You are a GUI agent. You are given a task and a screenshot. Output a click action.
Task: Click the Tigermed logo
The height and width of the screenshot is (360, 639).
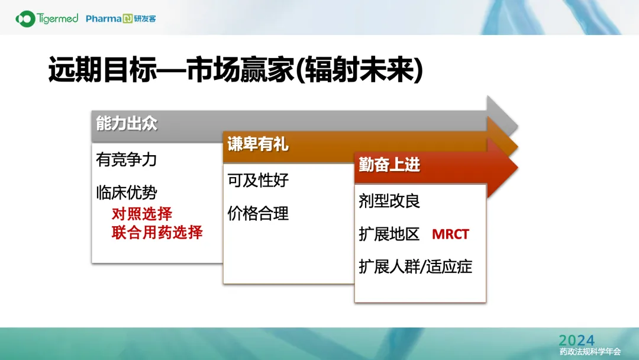coord(47,19)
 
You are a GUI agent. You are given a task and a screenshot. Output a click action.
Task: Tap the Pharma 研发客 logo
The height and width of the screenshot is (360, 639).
coord(121,19)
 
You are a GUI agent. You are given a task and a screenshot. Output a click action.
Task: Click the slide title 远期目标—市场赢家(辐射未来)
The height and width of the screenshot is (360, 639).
coord(235,70)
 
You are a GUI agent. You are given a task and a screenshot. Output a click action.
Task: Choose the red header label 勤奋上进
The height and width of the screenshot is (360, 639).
coord(389,165)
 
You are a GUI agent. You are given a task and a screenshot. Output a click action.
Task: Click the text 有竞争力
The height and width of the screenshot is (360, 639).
coord(127,159)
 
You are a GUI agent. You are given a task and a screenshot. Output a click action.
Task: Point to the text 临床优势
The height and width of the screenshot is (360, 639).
coord(127,192)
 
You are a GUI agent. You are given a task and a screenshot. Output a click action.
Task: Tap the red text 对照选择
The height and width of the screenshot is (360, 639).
coord(142,214)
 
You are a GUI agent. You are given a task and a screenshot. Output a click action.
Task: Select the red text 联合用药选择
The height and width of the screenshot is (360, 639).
coord(157,232)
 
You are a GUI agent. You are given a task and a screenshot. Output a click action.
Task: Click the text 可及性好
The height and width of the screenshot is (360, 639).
coord(258,180)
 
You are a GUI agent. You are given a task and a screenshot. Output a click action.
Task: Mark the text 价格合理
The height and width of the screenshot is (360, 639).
coord(258,213)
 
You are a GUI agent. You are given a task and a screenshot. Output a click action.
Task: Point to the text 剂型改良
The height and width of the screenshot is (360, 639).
coord(389,201)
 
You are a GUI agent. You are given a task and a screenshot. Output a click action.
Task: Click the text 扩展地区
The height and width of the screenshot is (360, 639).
coord(389,234)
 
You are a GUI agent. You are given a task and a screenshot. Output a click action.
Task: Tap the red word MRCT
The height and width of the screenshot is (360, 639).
coord(450,234)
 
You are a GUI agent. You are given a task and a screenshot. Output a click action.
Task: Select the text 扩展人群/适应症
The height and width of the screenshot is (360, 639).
coord(415,266)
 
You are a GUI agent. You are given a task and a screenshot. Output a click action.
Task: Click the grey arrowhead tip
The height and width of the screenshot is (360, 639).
coord(518,126)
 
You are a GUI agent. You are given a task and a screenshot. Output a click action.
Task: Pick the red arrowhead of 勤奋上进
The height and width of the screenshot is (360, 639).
coord(503,167)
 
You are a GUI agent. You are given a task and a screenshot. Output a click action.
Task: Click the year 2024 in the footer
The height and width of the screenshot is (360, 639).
coord(577,340)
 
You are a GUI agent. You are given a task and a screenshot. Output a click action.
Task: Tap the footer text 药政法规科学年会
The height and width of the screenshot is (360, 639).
coord(590,352)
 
